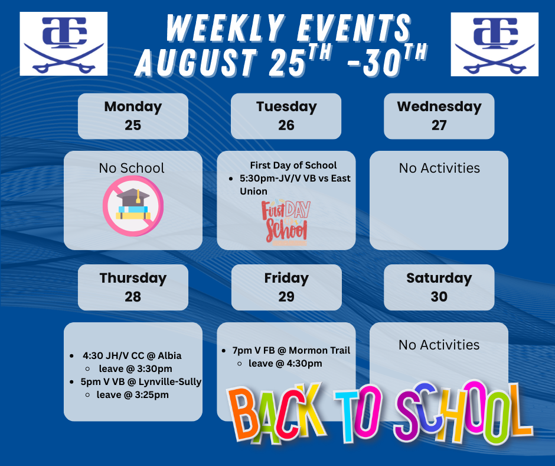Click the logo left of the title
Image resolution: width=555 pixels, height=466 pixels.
[64, 44]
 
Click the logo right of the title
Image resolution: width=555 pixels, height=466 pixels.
[494, 44]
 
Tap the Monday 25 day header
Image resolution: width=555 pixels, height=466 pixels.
[133, 116]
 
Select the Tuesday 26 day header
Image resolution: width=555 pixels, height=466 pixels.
[286, 116]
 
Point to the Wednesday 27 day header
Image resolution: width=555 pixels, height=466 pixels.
[439, 116]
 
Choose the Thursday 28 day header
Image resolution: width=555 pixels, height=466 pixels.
[133, 287]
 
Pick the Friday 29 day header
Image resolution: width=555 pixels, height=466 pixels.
[286, 287]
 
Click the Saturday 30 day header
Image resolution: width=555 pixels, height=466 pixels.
[439, 287]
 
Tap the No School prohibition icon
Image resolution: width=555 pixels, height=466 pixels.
[133, 206]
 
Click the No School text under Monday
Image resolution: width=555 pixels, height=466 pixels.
[132, 168]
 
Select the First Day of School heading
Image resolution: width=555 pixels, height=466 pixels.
[293, 165]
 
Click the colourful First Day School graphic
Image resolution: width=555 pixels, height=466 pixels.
[286, 222]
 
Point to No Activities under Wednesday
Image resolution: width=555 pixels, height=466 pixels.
[439, 168]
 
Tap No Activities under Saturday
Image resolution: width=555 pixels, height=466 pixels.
[439, 345]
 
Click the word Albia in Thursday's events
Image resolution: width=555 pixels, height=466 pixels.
[169, 355]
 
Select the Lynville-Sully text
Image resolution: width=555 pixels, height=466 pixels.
[170, 382]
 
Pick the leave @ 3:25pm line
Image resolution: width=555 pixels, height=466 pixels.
[133, 394]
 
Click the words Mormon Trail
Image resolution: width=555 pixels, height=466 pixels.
[319, 350]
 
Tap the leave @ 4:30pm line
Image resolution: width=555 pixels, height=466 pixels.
[285, 364]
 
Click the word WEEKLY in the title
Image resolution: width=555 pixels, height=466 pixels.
[226, 28]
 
